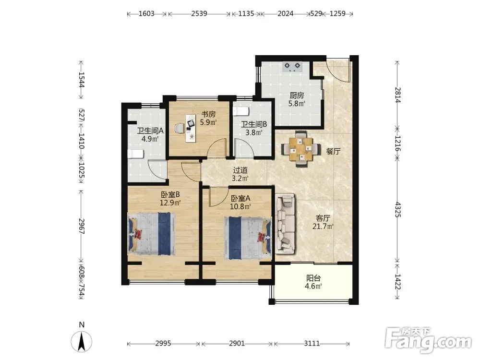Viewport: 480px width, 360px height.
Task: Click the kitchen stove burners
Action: pyautogui.click(x=292, y=67)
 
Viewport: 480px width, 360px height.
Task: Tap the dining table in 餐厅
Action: pyautogui.click(x=301, y=149)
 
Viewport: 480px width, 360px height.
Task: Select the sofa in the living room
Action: pyautogui.click(x=286, y=224)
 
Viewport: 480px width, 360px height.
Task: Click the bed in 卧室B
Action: pyautogui.click(x=151, y=234)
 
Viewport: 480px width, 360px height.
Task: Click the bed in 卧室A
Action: pyautogui.click(x=248, y=238)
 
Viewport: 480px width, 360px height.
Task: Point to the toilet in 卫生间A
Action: pyautogui.click(x=135, y=154)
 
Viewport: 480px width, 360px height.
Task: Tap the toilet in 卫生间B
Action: pyautogui.click(x=240, y=111)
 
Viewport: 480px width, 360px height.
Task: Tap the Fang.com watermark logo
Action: pyautogui.click(x=428, y=340)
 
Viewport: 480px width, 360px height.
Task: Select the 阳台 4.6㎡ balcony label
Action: pyautogui.click(x=313, y=282)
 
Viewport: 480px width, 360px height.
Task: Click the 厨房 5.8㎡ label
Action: pyautogui.click(x=297, y=99)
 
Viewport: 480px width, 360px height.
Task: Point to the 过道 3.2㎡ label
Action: pyautogui.click(x=240, y=174)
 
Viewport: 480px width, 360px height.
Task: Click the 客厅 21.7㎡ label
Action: pyautogui.click(x=323, y=222)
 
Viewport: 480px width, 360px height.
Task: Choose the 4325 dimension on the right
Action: pyautogui.click(x=397, y=209)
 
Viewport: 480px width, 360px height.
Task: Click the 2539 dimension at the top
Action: pyautogui.click(x=199, y=13)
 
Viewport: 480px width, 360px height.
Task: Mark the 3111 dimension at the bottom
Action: pyautogui.click(x=312, y=344)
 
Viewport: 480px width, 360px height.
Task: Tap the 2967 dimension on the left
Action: pyautogui.click(x=81, y=226)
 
